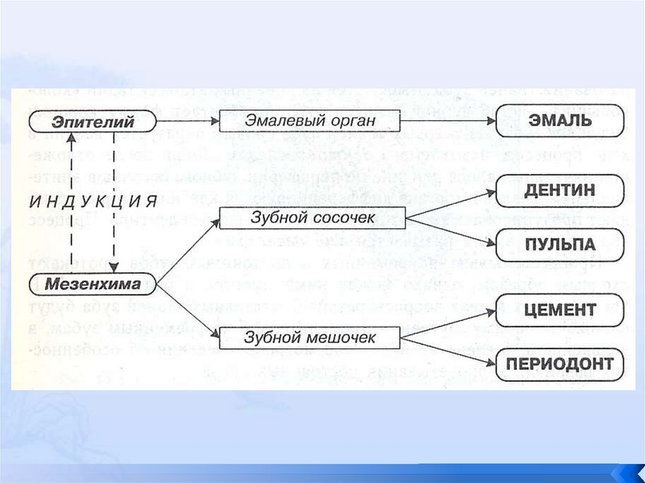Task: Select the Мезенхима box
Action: [93, 284]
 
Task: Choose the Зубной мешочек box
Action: [310, 338]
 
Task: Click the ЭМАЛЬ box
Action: [560, 120]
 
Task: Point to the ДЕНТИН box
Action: [560, 190]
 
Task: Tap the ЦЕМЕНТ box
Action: [560, 309]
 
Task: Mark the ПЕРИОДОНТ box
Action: [560, 364]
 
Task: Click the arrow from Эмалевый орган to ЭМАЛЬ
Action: [448, 120]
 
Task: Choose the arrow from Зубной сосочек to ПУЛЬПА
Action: [450, 232]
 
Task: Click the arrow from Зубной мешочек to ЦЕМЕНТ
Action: [450, 322]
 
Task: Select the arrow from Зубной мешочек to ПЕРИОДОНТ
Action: [450, 351]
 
